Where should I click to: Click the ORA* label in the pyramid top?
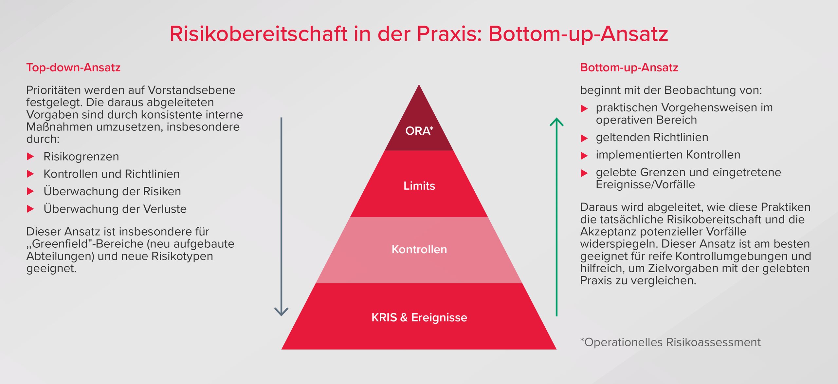(x=419, y=131)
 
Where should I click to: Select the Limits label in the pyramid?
(x=419, y=186)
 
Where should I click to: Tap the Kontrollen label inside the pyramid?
(x=419, y=249)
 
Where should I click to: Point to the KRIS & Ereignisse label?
(x=419, y=317)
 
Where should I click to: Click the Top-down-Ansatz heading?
(x=73, y=67)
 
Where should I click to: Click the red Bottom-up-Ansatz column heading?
(x=629, y=67)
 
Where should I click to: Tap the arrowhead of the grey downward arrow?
(x=281, y=312)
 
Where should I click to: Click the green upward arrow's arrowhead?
(x=556, y=122)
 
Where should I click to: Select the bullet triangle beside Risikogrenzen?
(x=30, y=156)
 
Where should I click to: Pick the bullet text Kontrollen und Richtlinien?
(x=112, y=174)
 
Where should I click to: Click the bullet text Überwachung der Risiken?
(x=112, y=191)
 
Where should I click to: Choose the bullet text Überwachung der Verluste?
(x=115, y=209)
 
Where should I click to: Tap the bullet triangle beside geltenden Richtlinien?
(x=584, y=138)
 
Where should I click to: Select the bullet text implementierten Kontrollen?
(x=668, y=155)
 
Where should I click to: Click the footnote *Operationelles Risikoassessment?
(x=670, y=342)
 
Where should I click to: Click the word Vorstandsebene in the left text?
(x=191, y=90)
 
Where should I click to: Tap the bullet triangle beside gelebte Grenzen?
(x=584, y=173)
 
